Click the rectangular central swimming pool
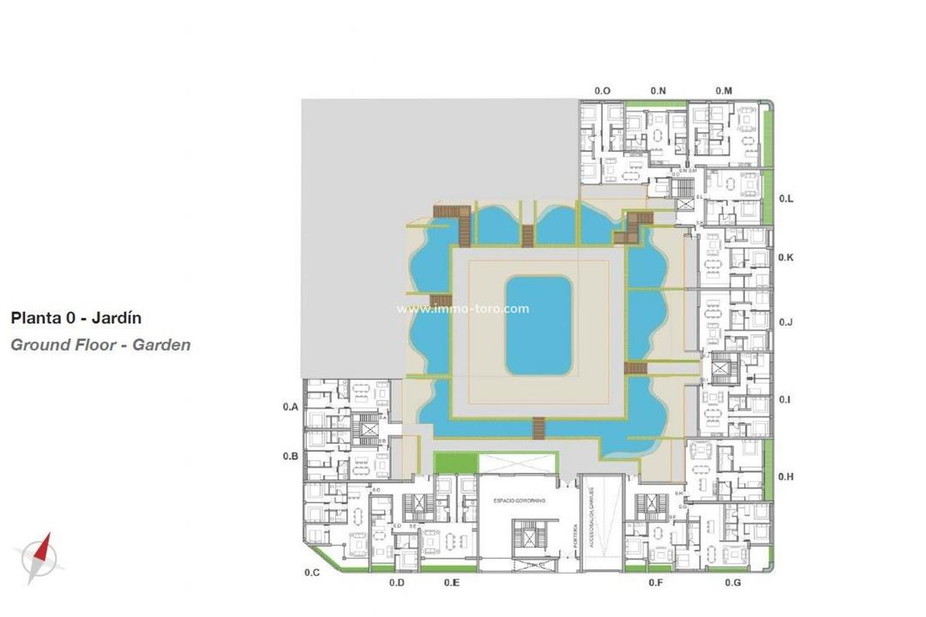click(x=538, y=326)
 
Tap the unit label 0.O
click(x=603, y=91)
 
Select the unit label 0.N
click(x=658, y=91)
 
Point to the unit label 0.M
click(x=724, y=91)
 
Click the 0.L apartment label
click(x=786, y=199)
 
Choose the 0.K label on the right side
click(x=786, y=258)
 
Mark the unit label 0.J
click(x=786, y=322)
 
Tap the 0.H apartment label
click(x=786, y=476)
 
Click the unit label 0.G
click(x=732, y=583)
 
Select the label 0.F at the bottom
click(x=656, y=583)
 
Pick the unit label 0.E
click(x=452, y=583)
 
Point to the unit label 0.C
click(x=312, y=572)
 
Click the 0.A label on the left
click(x=291, y=408)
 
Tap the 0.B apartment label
click(x=291, y=457)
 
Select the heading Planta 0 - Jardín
click(x=76, y=318)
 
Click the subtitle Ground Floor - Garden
click(x=100, y=345)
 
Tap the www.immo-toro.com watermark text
click(x=463, y=309)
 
